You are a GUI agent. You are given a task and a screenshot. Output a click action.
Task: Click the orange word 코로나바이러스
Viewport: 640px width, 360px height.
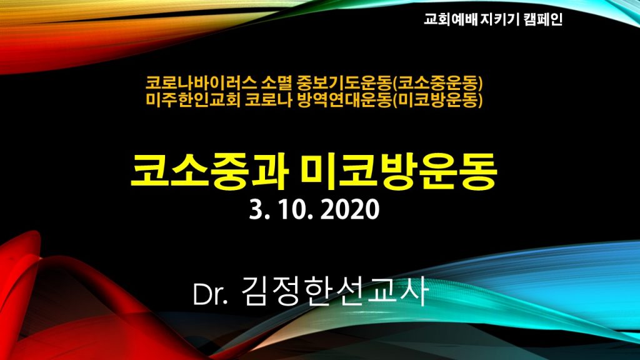pyautogui.click(x=202, y=83)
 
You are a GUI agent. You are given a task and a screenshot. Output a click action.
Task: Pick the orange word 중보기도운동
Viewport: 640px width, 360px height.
pyautogui.click(x=344, y=83)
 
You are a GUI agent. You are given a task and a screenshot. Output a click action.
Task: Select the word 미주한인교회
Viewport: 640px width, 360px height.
pyautogui.click(x=193, y=100)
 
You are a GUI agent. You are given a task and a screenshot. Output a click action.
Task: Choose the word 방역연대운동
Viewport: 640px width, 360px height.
pyautogui.click(x=344, y=100)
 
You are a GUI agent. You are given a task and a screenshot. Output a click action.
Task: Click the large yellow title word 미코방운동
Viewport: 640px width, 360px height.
pyautogui.click(x=398, y=171)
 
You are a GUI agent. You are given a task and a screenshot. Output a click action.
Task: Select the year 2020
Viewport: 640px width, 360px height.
pyautogui.click(x=350, y=210)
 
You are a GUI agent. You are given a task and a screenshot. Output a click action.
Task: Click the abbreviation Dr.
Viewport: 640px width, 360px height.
pyautogui.click(x=210, y=294)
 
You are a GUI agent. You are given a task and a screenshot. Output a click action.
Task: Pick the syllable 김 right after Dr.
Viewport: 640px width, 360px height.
pyautogui.click(x=256, y=291)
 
